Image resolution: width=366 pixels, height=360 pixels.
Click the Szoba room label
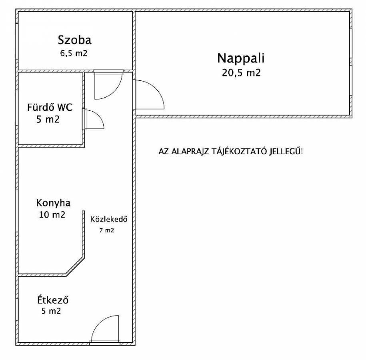point(75,40)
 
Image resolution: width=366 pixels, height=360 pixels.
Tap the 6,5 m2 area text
point(72,54)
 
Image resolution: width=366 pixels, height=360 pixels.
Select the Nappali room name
point(241,58)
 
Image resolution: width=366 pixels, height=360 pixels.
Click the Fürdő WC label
point(50,107)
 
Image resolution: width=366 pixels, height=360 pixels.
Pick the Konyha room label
point(50,202)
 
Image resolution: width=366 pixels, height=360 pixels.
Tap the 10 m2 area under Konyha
point(52,215)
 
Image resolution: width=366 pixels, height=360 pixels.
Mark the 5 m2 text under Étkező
point(51,311)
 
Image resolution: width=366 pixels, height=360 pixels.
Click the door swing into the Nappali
point(150,94)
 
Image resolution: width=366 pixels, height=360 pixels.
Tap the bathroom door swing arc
point(94,120)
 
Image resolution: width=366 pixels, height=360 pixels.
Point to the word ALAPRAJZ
point(191,152)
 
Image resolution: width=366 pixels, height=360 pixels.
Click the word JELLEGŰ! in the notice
point(288,152)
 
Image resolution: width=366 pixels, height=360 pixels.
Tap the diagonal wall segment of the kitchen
point(75,266)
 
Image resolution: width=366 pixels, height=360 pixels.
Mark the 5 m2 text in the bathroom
point(48,119)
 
